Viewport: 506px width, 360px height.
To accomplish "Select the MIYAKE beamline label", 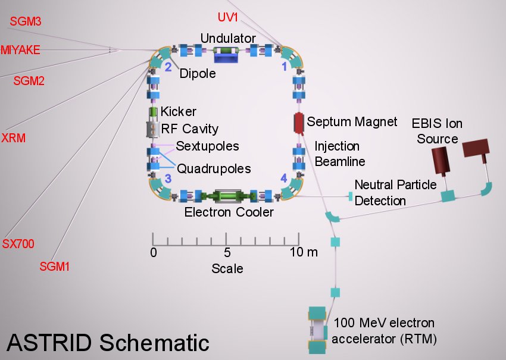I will point(20,50).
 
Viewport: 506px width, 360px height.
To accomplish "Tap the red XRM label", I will point(13,138).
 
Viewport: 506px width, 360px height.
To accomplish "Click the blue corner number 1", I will point(284,67).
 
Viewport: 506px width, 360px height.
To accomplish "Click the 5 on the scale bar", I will point(227,252).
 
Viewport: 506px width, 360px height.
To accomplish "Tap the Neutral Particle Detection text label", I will point(395,193).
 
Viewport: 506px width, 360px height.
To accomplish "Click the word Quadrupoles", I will point(214,168).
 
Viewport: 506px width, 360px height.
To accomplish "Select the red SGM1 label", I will point(55,267).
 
